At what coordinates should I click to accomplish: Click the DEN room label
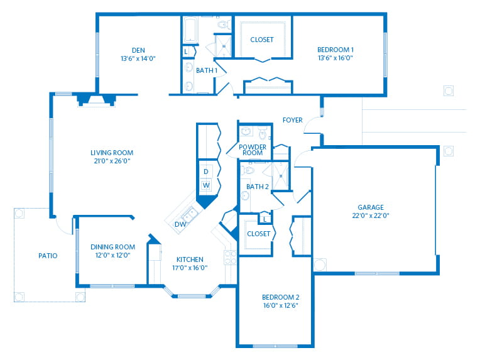pos(138,50)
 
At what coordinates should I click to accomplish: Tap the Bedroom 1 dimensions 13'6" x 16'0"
pos(335,58)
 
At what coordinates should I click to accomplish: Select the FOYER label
pos(292,120)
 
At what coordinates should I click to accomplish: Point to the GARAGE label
pos(371,207)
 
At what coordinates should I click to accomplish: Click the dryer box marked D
pos(206,172)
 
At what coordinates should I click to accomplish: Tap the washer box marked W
pos(206,185)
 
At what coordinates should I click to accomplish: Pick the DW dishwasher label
pos(180,224)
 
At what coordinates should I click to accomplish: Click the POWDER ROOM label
pos(253,150)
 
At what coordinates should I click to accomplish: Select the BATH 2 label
pos(258,187)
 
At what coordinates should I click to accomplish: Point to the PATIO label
pos(48,256)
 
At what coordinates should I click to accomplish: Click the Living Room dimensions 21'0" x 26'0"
pos(112,161)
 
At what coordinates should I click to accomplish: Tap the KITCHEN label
pos(190,259)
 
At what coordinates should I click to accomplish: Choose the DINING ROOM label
pos(112,247)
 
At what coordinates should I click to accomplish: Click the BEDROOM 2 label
pos(281,297)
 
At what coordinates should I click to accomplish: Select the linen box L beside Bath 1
pos(186,52)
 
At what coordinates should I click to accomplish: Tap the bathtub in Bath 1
pos(190,30)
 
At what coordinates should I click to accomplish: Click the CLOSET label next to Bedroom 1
pos(262,40)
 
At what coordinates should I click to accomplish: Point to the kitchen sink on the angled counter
pos(190,214)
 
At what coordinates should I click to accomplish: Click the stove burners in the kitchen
pos(230,258)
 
